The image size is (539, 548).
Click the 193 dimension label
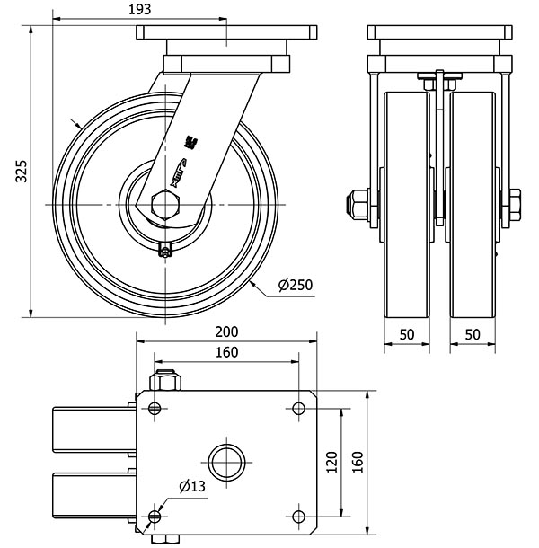(137, 9)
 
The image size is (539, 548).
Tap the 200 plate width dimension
(226, 331)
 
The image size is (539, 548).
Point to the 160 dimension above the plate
(226, 351)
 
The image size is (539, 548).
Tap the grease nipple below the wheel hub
(164, 252)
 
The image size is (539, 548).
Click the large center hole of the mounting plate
(226, 463)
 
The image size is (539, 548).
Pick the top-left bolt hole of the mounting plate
(156, 410)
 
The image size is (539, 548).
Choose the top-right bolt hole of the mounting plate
(298, 410)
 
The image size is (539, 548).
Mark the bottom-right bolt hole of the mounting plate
(298, 516)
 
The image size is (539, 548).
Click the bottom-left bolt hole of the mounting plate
(156, 516)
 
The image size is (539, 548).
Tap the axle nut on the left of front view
(357, 204)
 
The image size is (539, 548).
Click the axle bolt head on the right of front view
(516, 204)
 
